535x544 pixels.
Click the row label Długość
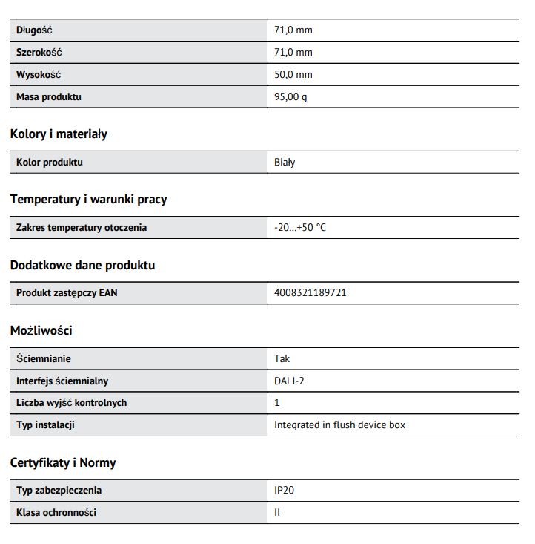pos(34,30)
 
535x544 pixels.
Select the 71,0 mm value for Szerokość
pos(293,53)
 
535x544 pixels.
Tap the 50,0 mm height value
pos(293,75)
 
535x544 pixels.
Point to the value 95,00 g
pos(290,96)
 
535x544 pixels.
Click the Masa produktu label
pos(49,96)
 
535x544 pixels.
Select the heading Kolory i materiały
pos(59,134)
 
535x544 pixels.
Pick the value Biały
pos(285,162)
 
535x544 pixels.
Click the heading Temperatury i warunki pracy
pos(88,200)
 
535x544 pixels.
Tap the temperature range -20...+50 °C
pos(299,227)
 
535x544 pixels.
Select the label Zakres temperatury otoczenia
pos(82,227)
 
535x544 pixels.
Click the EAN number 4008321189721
pos(310,292)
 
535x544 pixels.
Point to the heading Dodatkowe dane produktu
pos(82,265)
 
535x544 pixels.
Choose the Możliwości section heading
pos(41,330)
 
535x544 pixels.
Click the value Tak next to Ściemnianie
pos(282,358)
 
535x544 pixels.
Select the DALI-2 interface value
pos(290,381)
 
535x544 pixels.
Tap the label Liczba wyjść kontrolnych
pos(71,402)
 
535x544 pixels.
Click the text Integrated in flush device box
pos(339,425)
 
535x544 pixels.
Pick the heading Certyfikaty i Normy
pos(63,463)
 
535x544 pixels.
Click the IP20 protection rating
pos(285,490)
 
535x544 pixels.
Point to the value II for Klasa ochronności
pos(277,512)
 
